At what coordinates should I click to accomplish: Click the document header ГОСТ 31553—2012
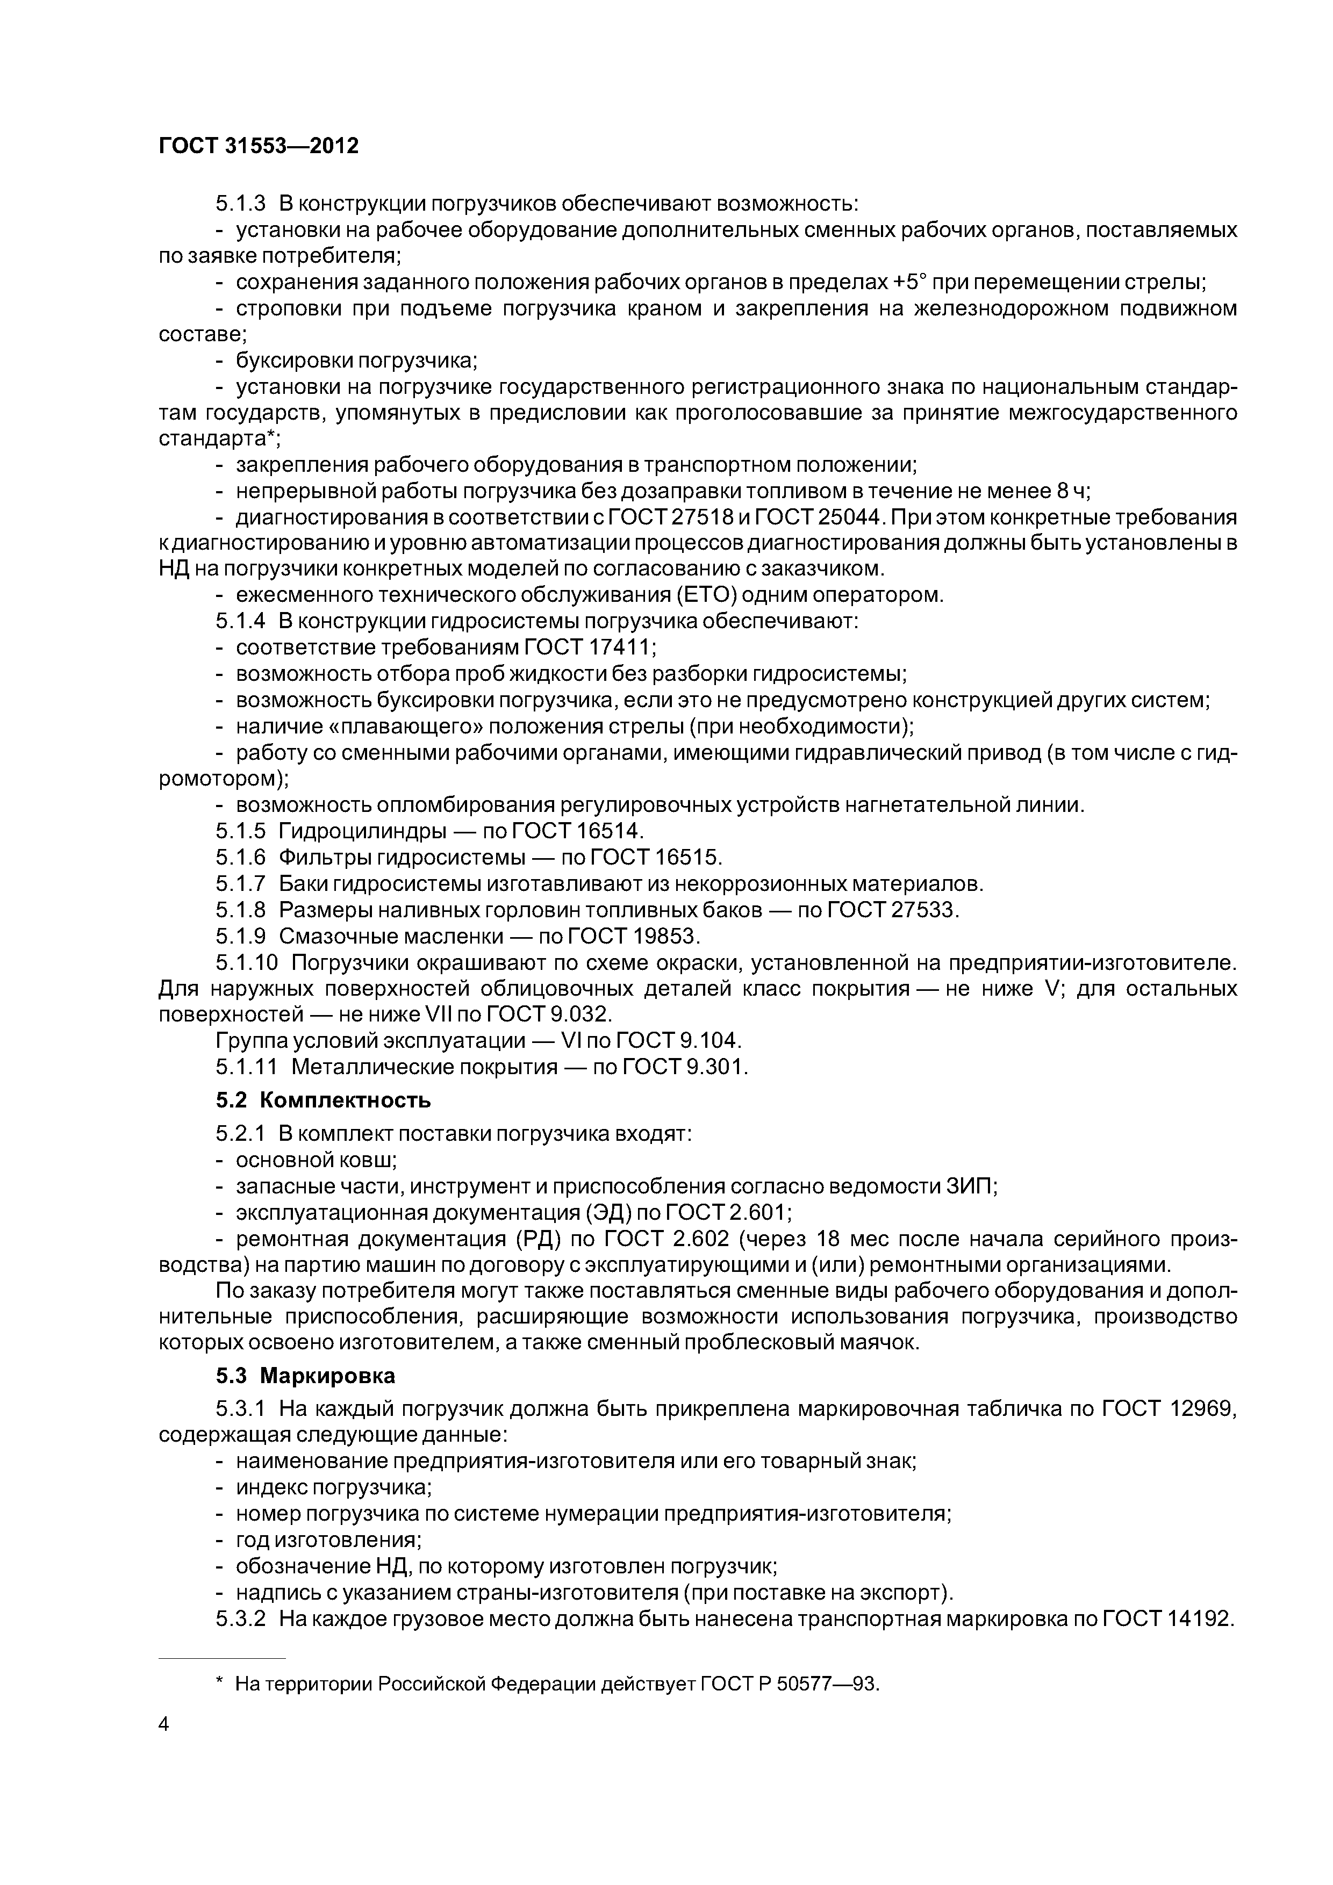259,146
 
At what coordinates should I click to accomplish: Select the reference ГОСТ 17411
590,647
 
